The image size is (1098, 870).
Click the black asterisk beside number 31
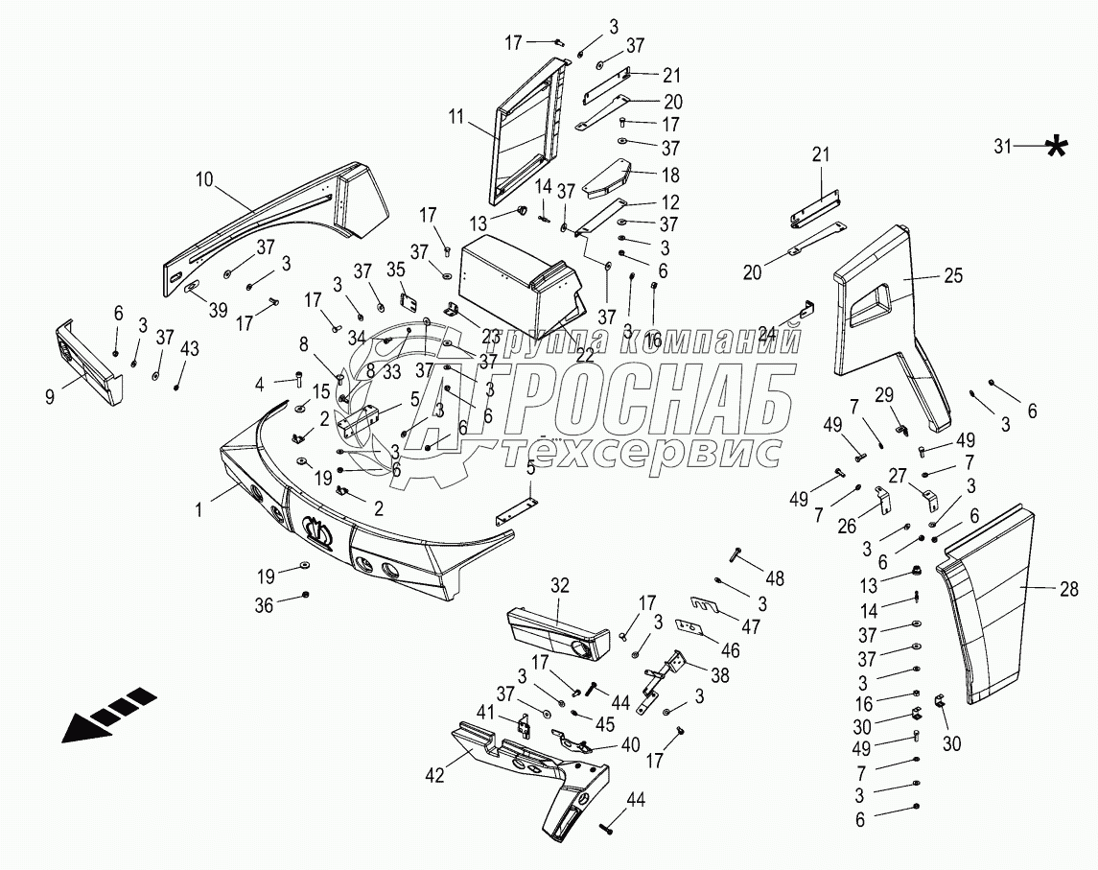point(1056,147)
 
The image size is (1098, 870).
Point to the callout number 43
point(188,348)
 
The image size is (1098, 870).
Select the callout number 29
point(882,394)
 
